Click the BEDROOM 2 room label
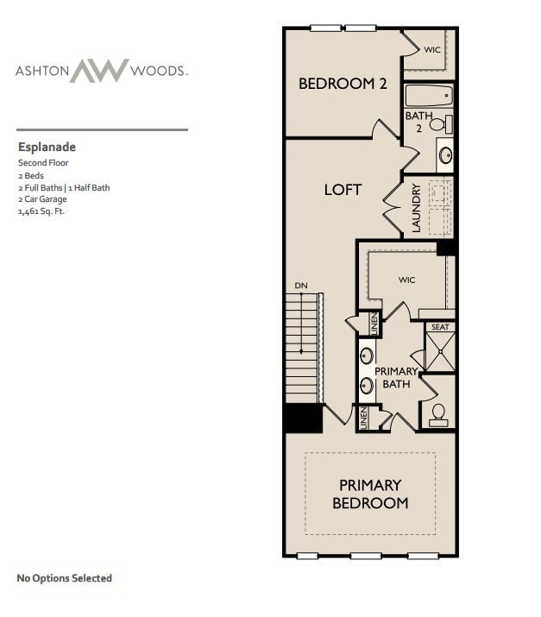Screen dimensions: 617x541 pos(342,84)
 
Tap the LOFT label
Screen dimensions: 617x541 pos(343,189)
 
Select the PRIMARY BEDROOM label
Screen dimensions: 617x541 pos(370,494)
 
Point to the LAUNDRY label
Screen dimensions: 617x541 pos(416,208)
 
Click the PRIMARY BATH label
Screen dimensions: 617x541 pos(396,377)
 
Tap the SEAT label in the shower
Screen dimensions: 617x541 pos(440,327)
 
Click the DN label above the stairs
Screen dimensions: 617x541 pos(300,286)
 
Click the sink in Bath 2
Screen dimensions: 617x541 pos(446,155)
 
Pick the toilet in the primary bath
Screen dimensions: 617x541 pos(438,413)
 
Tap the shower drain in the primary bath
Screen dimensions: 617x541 pos(440,353)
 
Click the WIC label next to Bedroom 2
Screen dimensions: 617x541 pos(431,50)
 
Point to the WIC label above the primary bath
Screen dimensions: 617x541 pos(407,280)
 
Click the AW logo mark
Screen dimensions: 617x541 pos(98,71)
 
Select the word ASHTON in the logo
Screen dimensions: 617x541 pos(41,71)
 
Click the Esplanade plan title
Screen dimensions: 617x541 pos(47,147)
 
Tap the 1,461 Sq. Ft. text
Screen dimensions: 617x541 pos(42,211)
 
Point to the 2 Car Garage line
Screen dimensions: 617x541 pos(42,198)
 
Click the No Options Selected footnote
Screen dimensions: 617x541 pos(65,577)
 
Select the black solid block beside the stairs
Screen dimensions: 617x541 pos(303,419)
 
